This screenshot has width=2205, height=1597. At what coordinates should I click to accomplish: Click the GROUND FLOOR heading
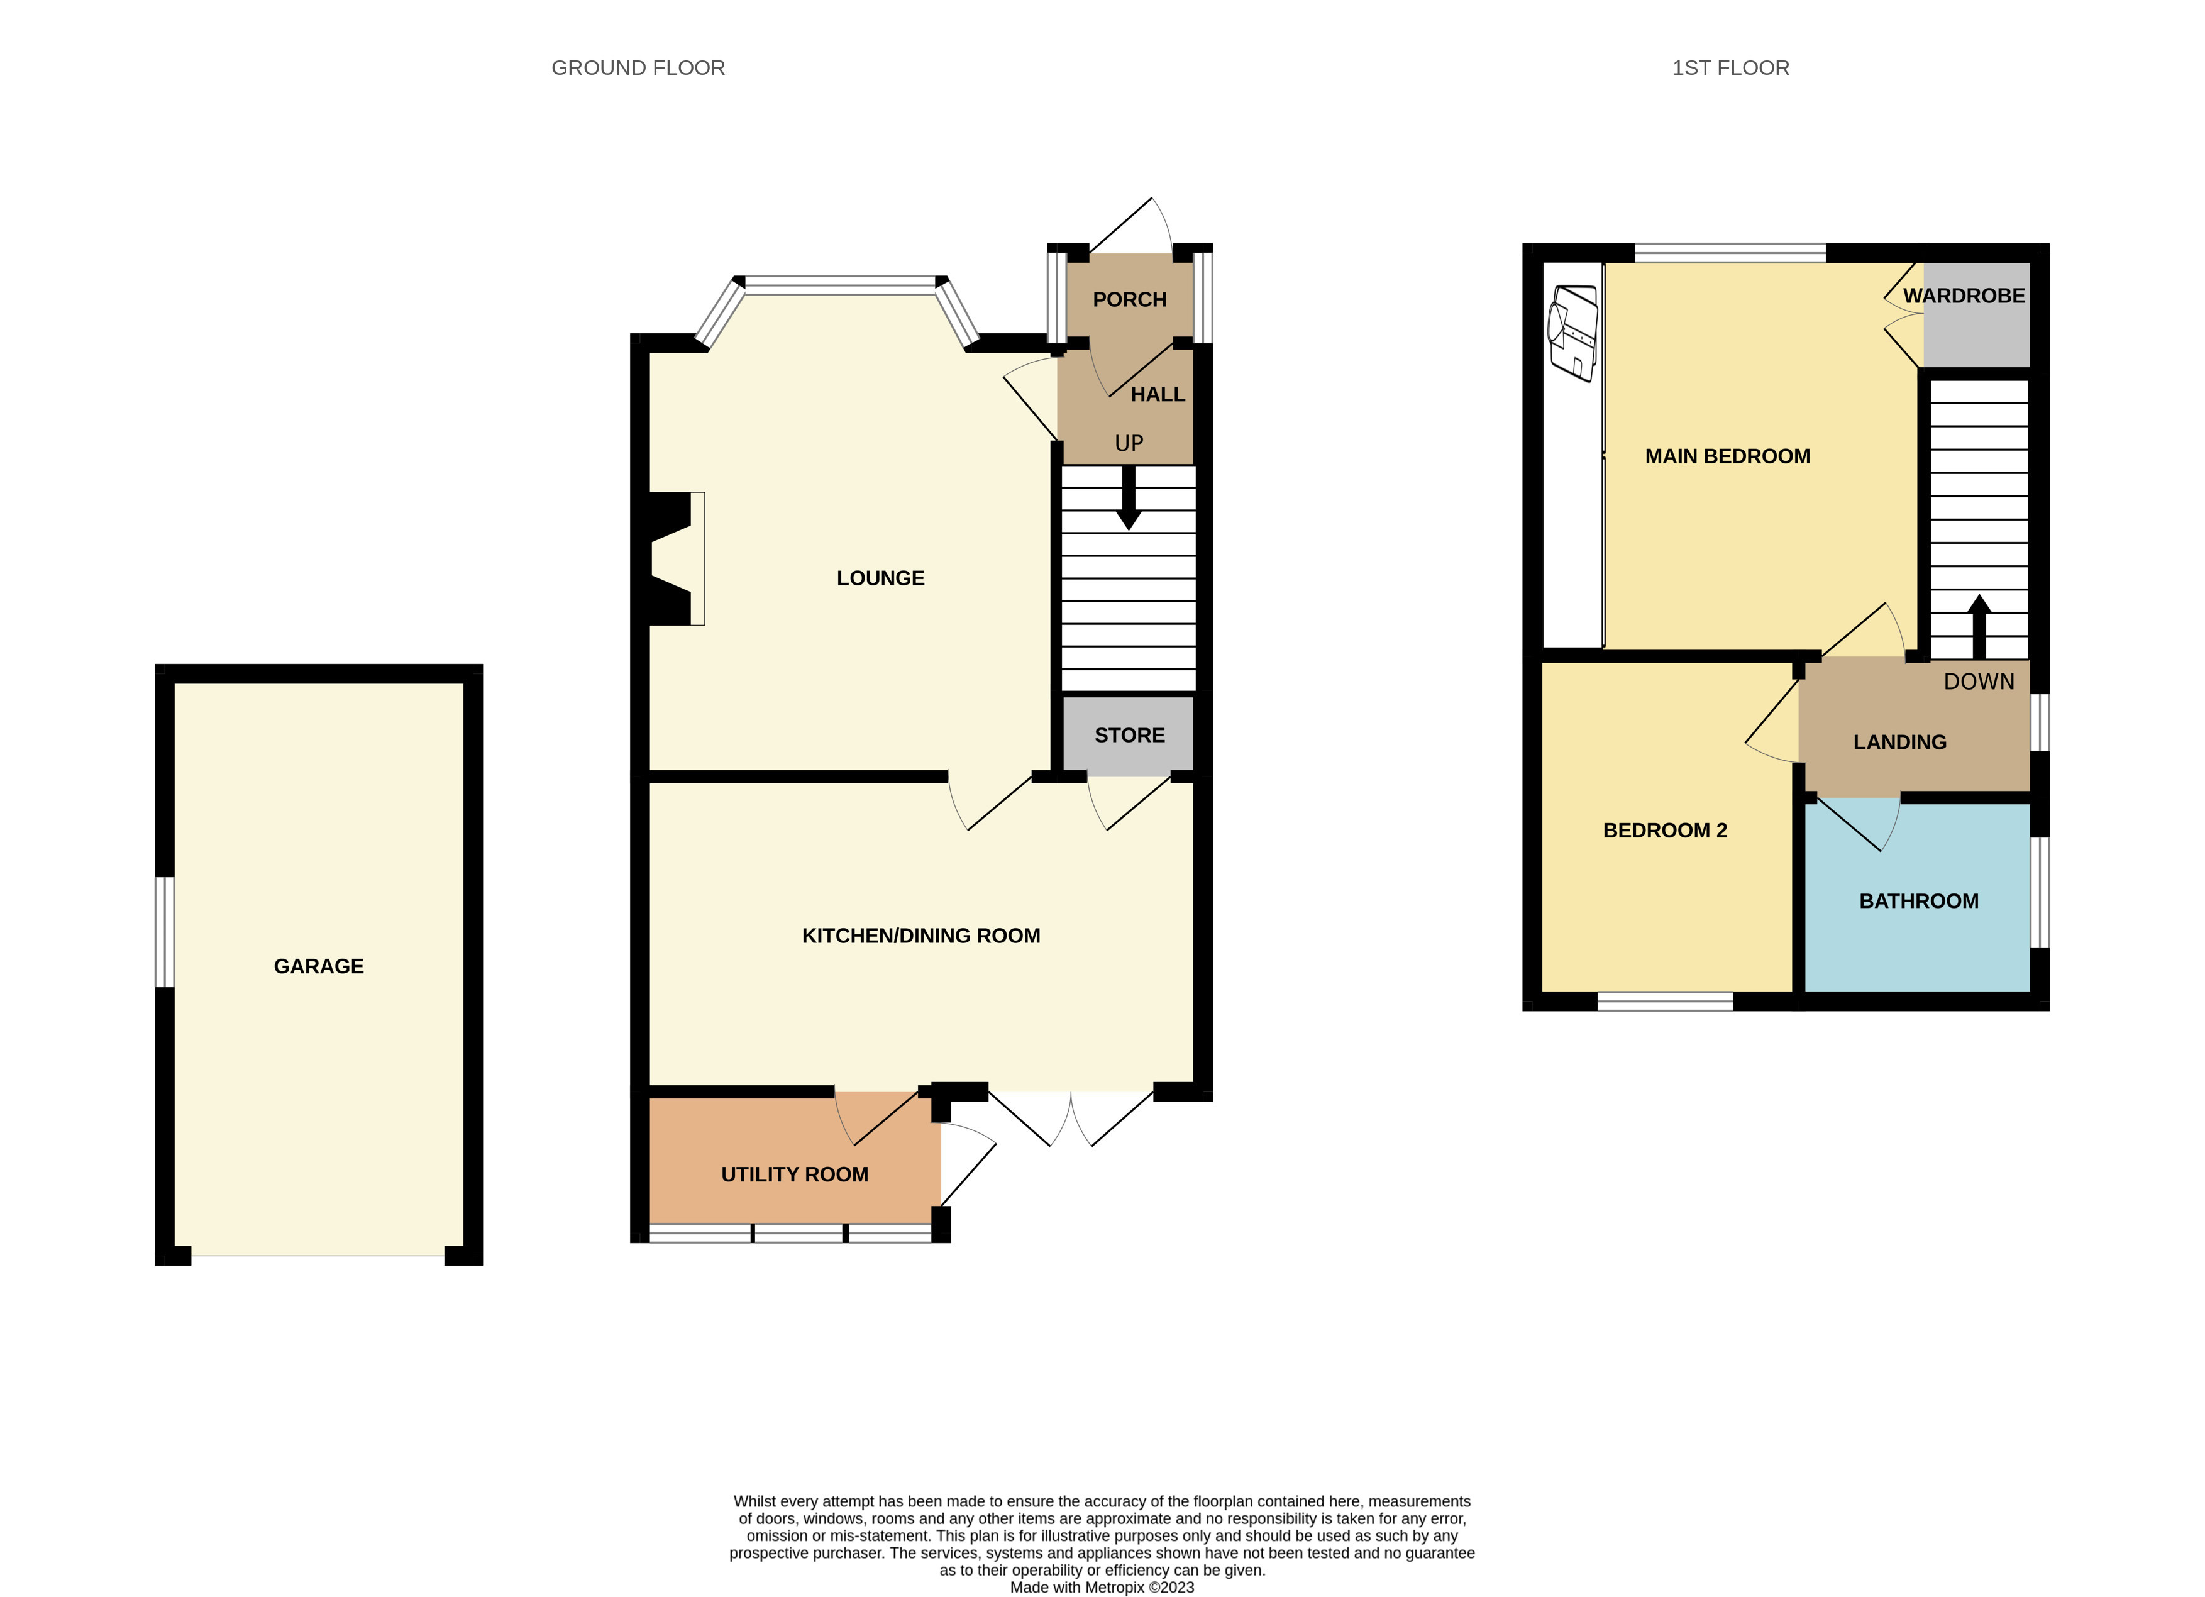pyautogui.click(x=638, y=68)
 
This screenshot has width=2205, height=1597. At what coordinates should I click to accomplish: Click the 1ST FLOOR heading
pyautogui.click(x=1730, y=68)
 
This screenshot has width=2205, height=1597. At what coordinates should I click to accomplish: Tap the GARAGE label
pyautogui.click(x=319, y=966)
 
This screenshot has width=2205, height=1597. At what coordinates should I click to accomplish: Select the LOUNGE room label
pyautogui.click(x=880, y=578)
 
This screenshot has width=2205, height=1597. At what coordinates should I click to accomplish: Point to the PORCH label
pyautogui.click(x=1129, y=299)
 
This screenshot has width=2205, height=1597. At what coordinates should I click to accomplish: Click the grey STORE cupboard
pyautogui.click(x=1128, y=736)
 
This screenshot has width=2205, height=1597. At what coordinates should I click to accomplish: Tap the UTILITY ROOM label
pyautogui.click(x=794, y=1174)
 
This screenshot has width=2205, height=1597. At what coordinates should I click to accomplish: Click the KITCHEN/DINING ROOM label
pyautogui.click(x=920, y=936)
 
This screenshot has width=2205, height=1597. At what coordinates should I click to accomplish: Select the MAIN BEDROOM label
pyautogui.click(x=1727, y=456)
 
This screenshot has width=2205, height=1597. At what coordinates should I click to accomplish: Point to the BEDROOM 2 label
pyautogui.click(x=1664, y=830)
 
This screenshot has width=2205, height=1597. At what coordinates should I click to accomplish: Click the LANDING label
pyautogui.click(x=1899, y=743)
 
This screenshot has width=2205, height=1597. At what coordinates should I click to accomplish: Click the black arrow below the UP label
pyautogui.click(x=1128, y=498)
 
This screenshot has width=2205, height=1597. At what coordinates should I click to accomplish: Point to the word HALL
pyautogui.click(x=1157, y=395)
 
